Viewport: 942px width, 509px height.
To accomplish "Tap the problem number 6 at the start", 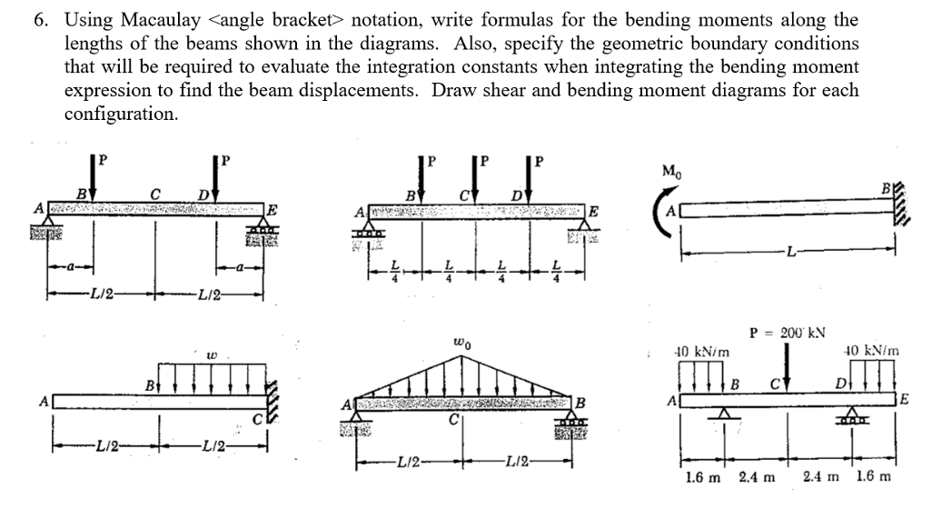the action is pos(41,20).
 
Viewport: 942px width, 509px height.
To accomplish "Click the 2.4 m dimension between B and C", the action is pos(757,477).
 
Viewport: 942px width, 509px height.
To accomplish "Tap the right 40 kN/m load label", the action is pos(869,350).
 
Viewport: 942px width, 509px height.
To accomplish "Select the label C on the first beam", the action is pos(156,192).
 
